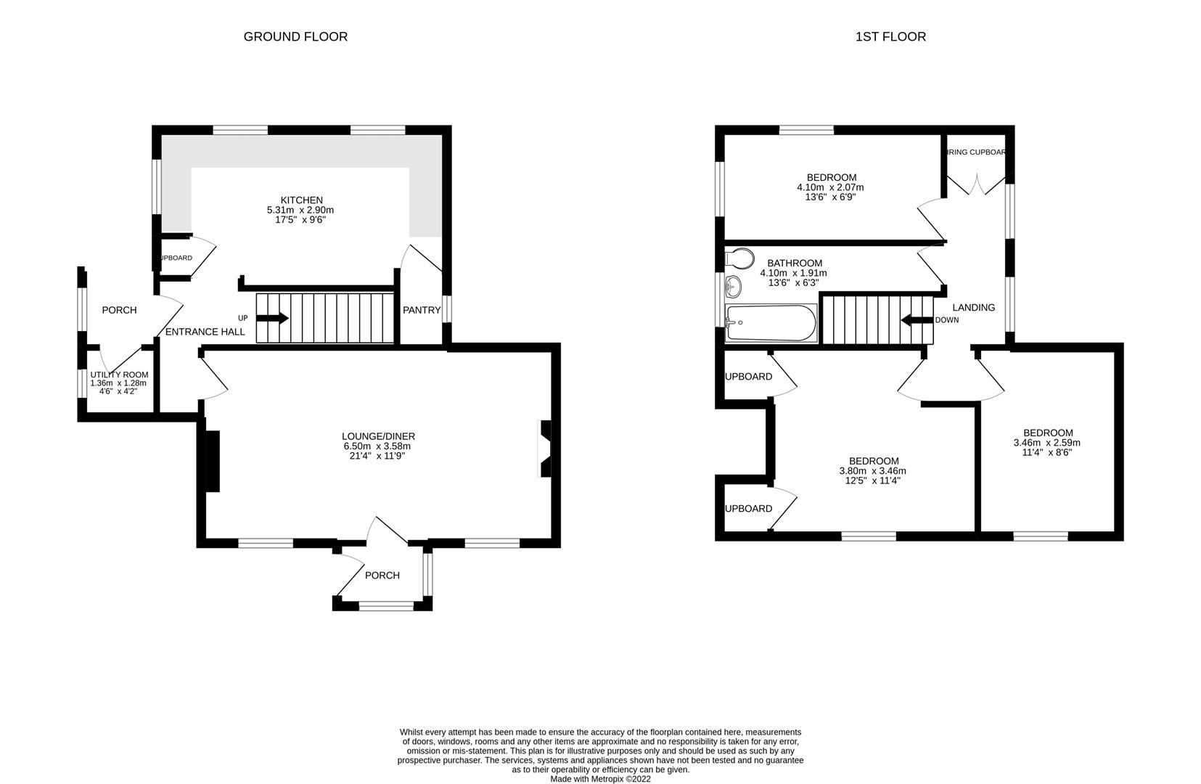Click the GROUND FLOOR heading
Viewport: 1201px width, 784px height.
(295, 36)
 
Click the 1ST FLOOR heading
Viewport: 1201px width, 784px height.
(890, 36)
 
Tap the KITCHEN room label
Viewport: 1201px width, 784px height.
(301, 200)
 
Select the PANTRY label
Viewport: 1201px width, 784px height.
(422, 310)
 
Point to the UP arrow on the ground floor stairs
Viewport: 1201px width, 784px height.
(273, 318)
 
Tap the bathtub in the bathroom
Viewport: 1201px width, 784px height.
(771, 324)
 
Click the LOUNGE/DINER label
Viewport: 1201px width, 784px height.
(378, 436)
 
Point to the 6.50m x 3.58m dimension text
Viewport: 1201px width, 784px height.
(378, 446)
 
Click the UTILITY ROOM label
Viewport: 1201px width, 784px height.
(119, 375)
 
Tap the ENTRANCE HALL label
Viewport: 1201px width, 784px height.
(205, 332)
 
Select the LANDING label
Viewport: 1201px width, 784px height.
(973, 307)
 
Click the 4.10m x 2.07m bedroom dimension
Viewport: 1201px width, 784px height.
(831, 187)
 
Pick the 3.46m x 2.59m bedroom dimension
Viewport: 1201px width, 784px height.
(1046, 443)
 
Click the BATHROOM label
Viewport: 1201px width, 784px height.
(795, 264)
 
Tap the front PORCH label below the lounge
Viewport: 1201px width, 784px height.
(382, 575)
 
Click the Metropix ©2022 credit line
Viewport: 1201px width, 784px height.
(600, 779)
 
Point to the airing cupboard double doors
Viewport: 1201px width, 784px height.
(974, 184)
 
